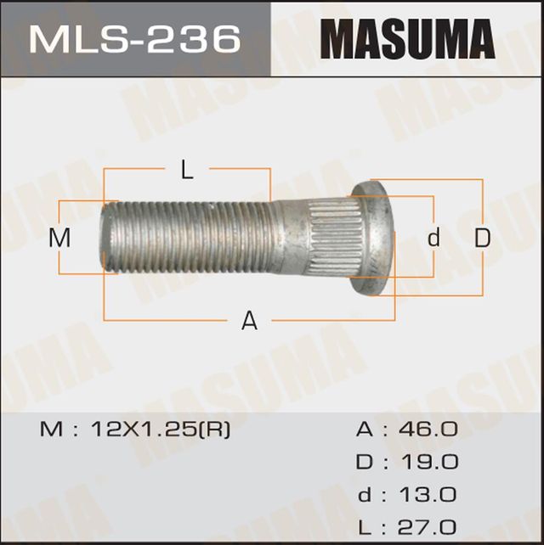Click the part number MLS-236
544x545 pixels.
tap(135, 38)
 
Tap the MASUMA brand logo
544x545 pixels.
tap(406, 38)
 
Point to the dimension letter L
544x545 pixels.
tap(187, 170)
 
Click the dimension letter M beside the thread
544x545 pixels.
tap(59, 239)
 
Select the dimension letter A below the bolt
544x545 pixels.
tap(249, 321)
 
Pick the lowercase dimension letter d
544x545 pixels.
tap(434, 239)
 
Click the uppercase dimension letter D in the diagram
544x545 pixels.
tap(483, 239)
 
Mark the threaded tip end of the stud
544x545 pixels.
tap(109, 238)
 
